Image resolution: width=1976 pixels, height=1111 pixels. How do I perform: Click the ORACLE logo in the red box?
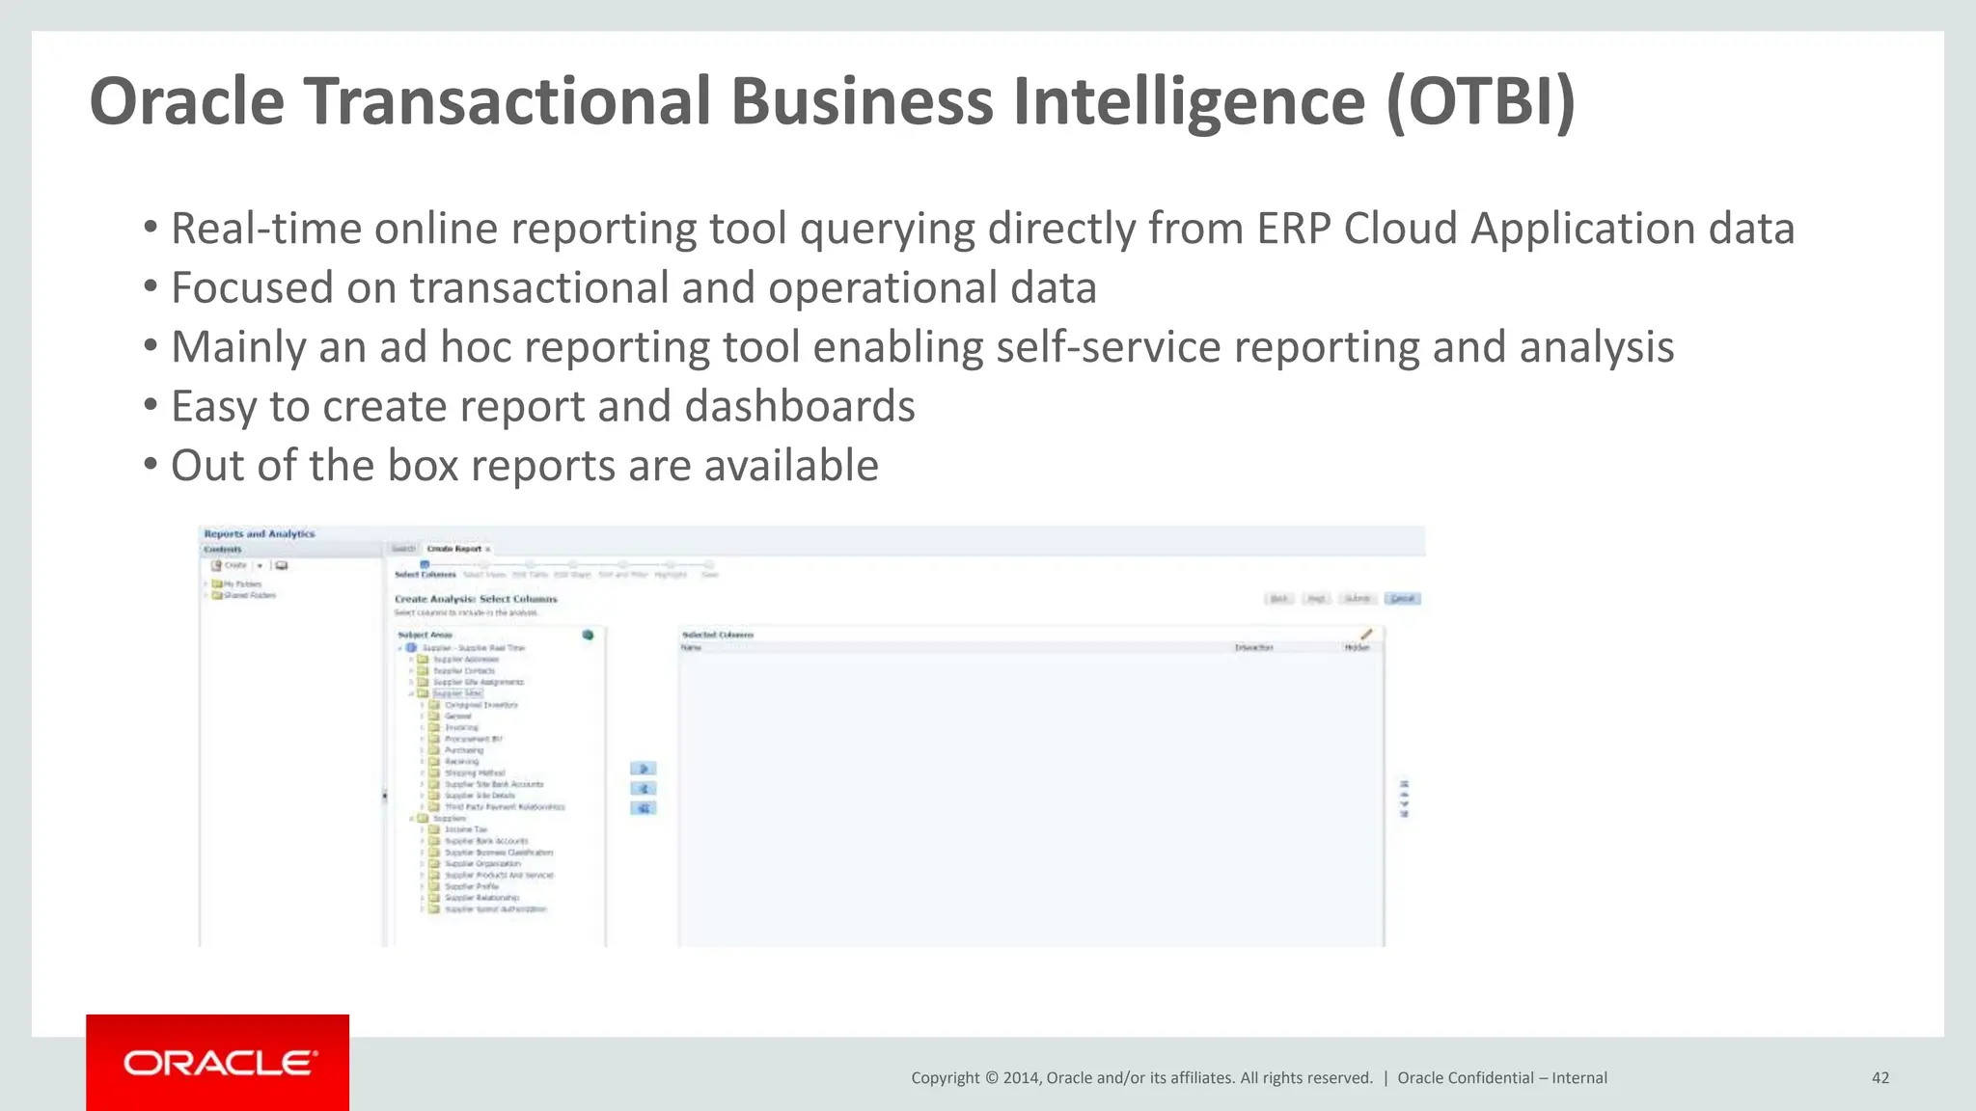click(219, 1063)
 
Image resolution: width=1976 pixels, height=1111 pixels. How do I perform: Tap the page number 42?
click(1880, 1078)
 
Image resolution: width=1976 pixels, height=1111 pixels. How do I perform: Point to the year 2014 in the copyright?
click(1021, 1078)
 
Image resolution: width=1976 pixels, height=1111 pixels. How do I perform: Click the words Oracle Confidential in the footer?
click(1465, 1078)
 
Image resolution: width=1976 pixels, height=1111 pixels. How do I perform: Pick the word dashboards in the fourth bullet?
click(800, 407)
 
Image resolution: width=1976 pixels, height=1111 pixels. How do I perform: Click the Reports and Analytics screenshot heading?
click(259, 533)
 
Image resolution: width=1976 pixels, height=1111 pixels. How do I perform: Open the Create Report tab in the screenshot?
click(454, 549)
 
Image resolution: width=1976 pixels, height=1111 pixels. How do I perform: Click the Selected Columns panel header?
click(717, 635)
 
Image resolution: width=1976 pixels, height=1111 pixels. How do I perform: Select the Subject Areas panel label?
click(425, 635)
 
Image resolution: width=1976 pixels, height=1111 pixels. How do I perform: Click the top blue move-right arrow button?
click(643, 769)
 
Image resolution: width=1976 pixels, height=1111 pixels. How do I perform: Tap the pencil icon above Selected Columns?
click(1365, 634)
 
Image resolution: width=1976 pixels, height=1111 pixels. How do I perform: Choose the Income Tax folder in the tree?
click(465, 829)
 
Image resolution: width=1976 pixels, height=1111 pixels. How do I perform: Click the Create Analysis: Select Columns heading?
click(476, 599)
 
